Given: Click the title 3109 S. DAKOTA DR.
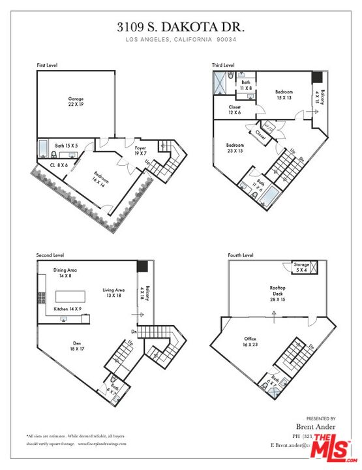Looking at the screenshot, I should pos(181,27).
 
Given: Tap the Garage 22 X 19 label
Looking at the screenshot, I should pos(76,101).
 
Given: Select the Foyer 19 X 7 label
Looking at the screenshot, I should pos(140,151).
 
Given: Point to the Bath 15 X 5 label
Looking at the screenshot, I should pos(66,146).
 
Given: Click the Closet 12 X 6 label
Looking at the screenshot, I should pos(235,110).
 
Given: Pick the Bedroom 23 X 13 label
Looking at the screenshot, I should pos(235,148).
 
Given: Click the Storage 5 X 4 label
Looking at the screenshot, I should pos(301,267).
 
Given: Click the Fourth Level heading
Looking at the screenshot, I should pos(240,255).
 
